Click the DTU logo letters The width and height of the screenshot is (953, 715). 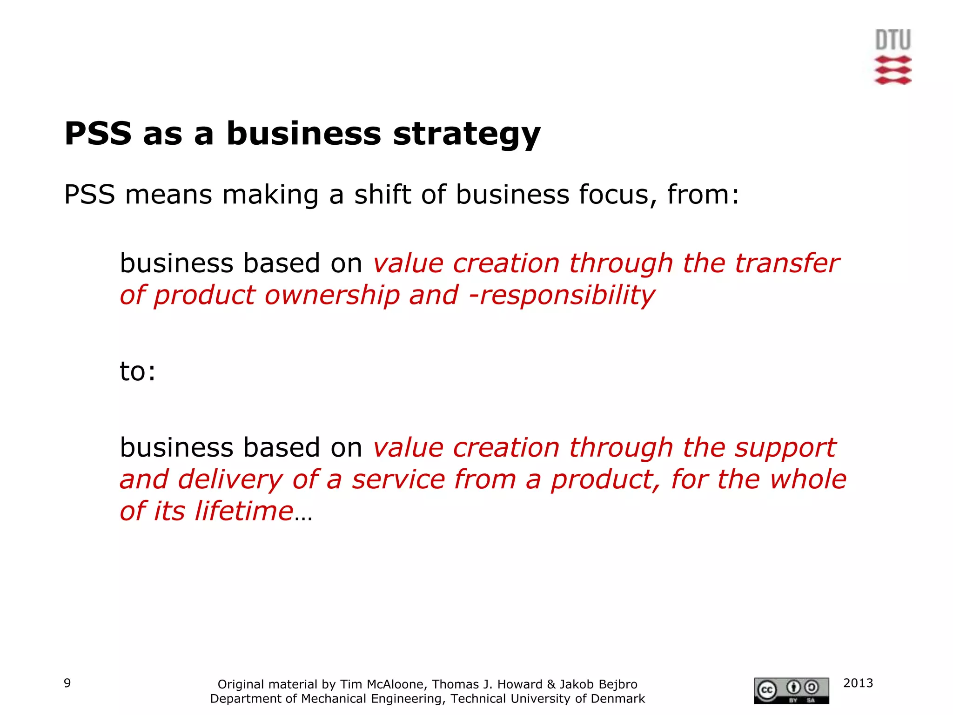(x=893, y=40)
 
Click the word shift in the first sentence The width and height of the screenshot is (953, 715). (x=383, y=195)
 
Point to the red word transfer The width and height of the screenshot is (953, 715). (x=787, y=263)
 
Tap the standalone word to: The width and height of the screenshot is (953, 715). (x=138, y=371)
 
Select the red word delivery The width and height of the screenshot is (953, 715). (x=230, y=479)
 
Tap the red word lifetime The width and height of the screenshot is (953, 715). (x=244, y=511)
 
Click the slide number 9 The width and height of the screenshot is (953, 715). (x=67, y=683)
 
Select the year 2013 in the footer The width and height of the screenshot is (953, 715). (x=858, y=683)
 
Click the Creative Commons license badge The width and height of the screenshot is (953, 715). (x=791, y=690)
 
